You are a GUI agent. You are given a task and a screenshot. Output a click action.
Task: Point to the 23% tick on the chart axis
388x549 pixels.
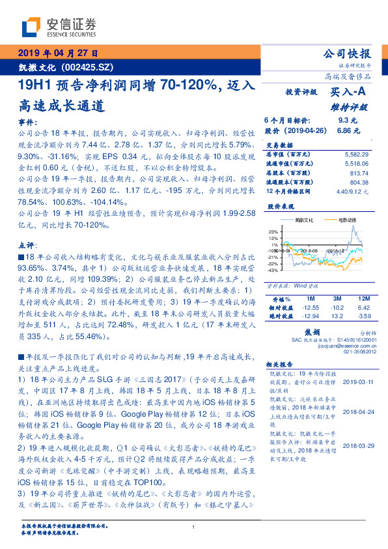(272, 231)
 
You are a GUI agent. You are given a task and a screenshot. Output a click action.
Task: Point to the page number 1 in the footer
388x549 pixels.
(194, 527)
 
